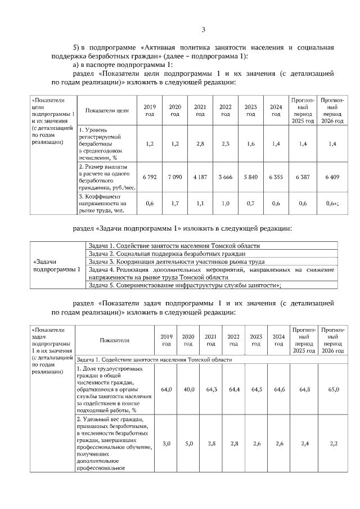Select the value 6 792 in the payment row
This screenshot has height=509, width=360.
150,177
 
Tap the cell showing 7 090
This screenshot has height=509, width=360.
175,177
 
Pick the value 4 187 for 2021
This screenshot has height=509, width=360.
200,177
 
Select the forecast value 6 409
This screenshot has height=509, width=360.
332,177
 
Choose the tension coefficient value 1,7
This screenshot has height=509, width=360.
175,204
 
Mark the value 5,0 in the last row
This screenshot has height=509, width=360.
188,444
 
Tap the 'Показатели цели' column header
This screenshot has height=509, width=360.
107,110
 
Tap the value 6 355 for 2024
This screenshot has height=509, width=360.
276,177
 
